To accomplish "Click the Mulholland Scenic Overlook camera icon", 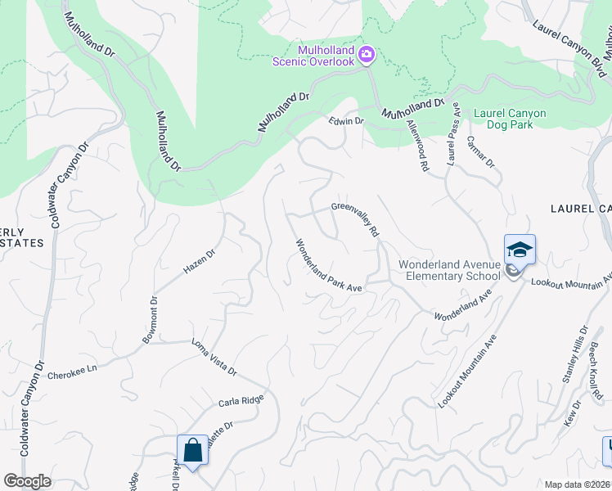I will click(x=367, y=55).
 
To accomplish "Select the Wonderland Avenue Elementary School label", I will click(x=448, y=270).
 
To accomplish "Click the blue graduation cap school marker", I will click(x=520, y=249).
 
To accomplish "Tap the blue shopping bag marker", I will click(x=193, y=450).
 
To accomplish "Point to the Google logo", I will click(x=27, y=481).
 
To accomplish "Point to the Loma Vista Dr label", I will click(x=214, y=358).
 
